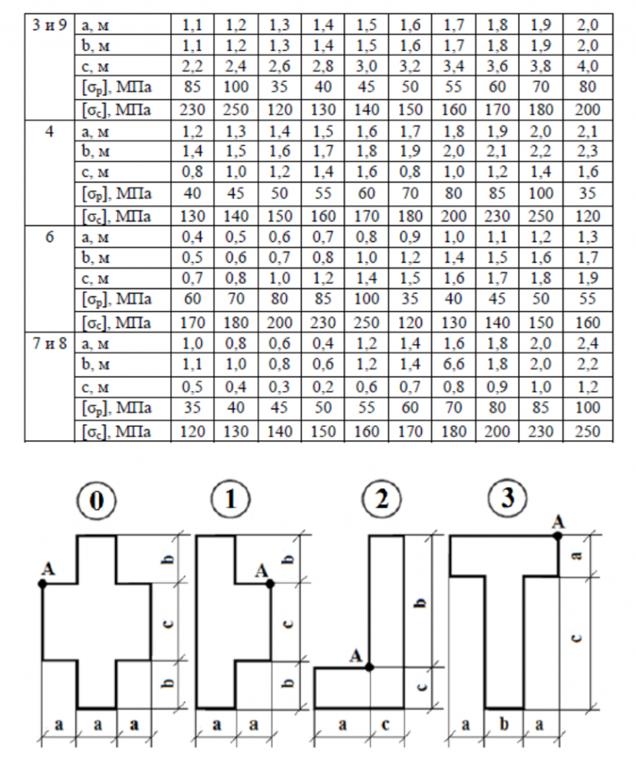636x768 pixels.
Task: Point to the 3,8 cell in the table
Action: point(542,66)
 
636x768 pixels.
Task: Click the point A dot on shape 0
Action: point(43,584)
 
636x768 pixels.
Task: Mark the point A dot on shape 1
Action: point(270,584)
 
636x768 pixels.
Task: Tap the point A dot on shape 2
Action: point(370,667)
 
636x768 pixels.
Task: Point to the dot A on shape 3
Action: point(558,535)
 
